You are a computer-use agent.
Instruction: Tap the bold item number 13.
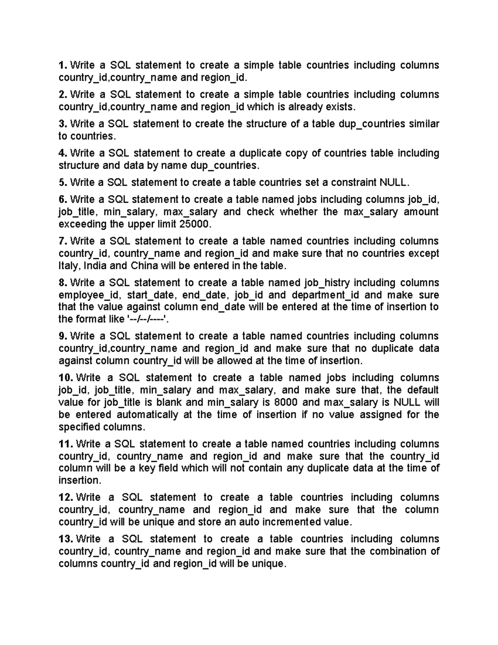(66, 539)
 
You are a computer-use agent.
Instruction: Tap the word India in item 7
(96, 266)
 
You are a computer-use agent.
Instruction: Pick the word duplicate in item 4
(259, 153)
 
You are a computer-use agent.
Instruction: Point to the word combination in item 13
(396, 552)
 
